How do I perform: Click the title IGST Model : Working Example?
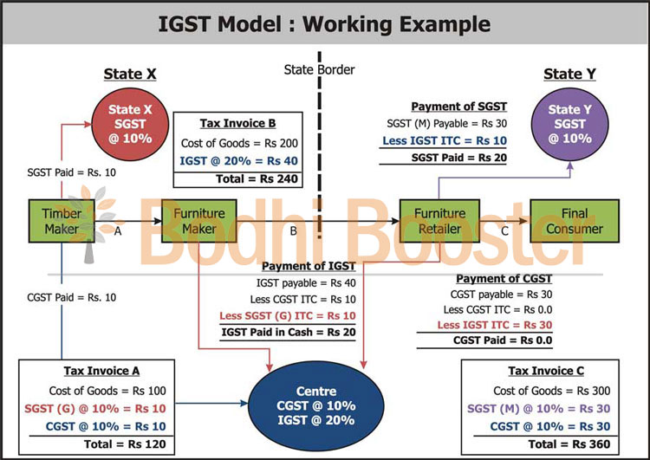click(x=324, y=24)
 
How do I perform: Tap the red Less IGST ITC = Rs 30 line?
click(x=496, y=325)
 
